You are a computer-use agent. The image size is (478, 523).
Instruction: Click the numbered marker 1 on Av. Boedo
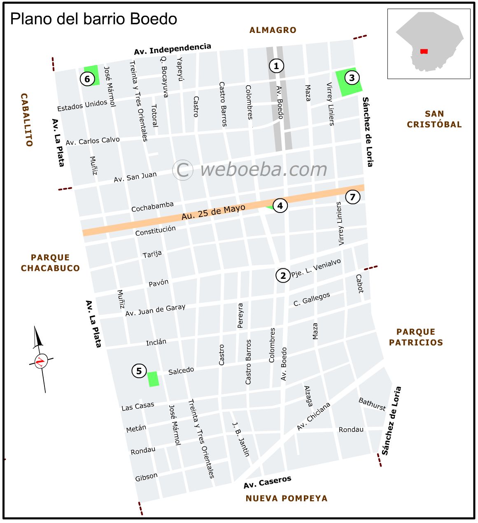tap(276, 66)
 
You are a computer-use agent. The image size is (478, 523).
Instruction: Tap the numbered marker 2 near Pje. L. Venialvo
tap(283, 276)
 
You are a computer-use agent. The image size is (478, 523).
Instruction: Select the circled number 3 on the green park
tap(352, 78)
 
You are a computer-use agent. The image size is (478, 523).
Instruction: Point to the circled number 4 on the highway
tap(280, 205)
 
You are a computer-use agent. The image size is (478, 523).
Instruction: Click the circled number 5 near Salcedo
tap(139, 371)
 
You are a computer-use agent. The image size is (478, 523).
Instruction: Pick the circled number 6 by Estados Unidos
tap(87, 79)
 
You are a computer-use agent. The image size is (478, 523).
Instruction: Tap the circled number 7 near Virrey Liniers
tap(352, 197)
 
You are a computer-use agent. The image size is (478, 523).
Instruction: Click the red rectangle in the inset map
tap(424, 51)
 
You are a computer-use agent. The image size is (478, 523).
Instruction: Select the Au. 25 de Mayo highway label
tap(213, 212)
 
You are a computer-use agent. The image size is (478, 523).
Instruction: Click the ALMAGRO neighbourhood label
tap(273, 30)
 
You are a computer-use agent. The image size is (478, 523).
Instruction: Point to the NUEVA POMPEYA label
tap(286, 498)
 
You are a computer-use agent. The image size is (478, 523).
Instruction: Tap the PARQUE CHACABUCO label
tap(50, 263)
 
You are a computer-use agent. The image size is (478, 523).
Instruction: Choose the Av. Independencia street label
tap(173, 49)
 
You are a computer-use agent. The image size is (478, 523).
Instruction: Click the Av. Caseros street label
tap(267, 482)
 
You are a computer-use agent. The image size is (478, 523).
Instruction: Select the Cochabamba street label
tap(152, 207)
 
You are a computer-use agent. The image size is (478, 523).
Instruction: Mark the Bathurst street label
tap(372, 404)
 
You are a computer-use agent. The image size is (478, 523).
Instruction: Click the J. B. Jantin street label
tap(241, 439)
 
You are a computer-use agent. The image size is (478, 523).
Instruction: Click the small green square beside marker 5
tap(153, 379)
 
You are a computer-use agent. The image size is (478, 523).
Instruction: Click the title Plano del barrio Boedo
tap(93, 19)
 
